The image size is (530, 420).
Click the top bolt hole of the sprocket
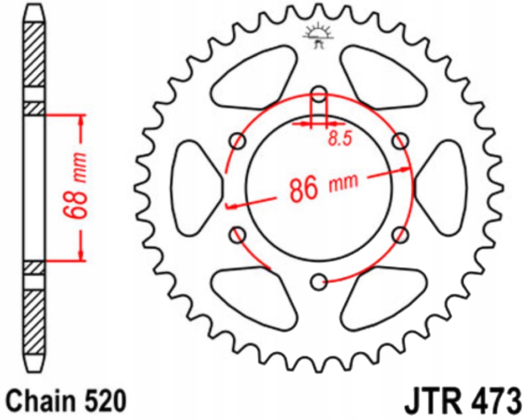tap(318, 94)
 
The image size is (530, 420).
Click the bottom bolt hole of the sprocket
tap(318, 282)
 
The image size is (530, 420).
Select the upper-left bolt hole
tap(238, 141)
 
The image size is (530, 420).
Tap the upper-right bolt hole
tap(399, 141)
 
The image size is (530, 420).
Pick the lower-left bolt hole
tap(238, 234)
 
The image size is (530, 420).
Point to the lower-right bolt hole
tap(399, 236)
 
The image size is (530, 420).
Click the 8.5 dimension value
tap(339, 139)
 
